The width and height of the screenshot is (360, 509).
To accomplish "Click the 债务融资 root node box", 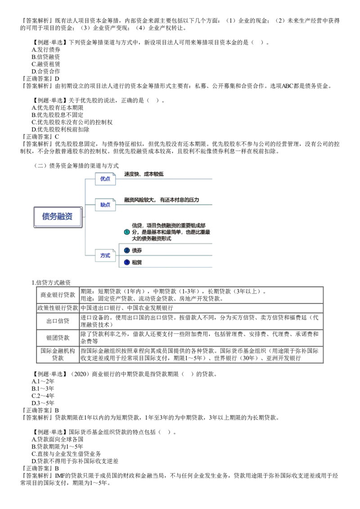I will click(x=57, y=216).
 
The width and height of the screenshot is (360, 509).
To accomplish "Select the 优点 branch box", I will click(x=105, y=179).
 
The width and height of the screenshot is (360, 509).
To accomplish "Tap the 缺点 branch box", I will click(x=105, y=205).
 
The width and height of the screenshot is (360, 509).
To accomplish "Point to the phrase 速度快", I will click(x=131, y=174).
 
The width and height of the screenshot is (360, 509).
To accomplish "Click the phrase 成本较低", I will click(x=154, y=174).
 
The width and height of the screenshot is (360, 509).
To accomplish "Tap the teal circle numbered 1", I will click(x=126, y=232).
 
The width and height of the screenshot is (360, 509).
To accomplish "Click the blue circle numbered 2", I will click(x=126, y=250).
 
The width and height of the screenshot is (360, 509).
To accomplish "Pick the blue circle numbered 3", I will click(x=126, y=262).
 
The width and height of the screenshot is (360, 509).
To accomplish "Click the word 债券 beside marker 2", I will click(x=137, y=250).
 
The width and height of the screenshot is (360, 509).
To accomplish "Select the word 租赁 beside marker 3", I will click(x=137, y=262).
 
